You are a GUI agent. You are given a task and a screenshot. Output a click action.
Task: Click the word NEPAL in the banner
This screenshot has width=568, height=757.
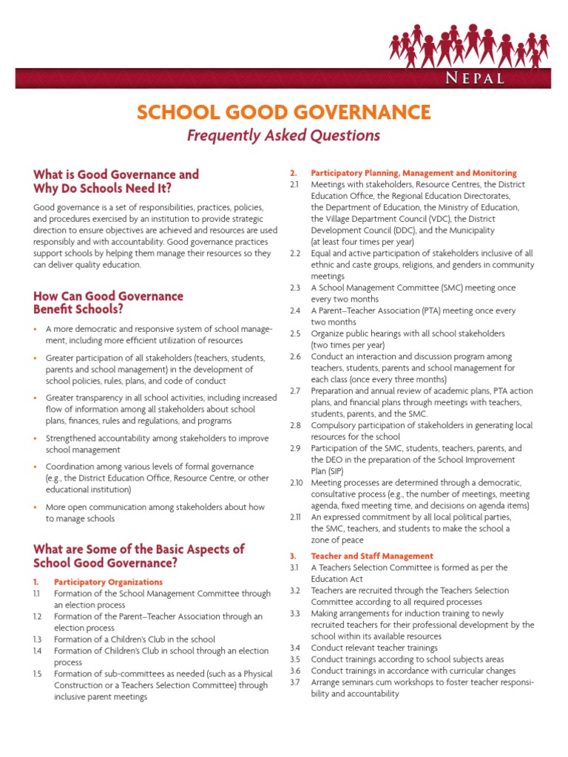click(x=476, y=78)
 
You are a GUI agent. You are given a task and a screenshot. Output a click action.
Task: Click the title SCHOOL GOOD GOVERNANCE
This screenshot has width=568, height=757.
click(x=283, y=112)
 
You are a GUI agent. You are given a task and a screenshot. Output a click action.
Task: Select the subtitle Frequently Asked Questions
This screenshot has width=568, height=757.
click(x=283, y=135)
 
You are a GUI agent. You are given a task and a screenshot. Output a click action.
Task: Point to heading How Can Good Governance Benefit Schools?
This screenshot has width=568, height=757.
click(x=108, y=302)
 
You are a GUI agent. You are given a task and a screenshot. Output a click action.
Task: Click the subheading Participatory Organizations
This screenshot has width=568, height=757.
click(x=108, y=582)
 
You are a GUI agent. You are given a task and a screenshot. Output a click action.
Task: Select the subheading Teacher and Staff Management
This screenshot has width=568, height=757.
click(x=372, y=555)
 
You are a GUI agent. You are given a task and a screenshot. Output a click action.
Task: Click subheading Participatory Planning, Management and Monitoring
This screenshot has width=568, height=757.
click(x=413, y=172)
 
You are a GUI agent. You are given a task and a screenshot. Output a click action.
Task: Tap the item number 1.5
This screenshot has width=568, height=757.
click(x=38, y=674)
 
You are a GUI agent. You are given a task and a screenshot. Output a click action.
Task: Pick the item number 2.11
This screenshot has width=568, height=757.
click(x=296, y=517)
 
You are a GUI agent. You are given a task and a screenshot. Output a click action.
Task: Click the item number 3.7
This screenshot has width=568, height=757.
click(x=295, y=682)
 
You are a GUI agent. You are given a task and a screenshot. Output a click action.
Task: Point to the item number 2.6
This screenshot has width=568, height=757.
click(x=295, y=356)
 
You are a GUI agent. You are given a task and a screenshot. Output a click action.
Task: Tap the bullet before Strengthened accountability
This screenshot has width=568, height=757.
click(x=36, y=438)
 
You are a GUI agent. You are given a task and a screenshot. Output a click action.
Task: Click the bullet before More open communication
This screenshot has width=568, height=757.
click(x=36, y=507)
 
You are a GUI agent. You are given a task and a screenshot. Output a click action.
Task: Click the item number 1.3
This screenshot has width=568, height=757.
click(x=37, y=639)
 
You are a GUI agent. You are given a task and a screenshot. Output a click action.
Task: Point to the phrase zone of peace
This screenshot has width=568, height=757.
click(x=338, y=540)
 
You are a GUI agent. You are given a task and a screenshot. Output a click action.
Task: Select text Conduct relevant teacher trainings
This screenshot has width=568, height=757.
click(x=374, y=648)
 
